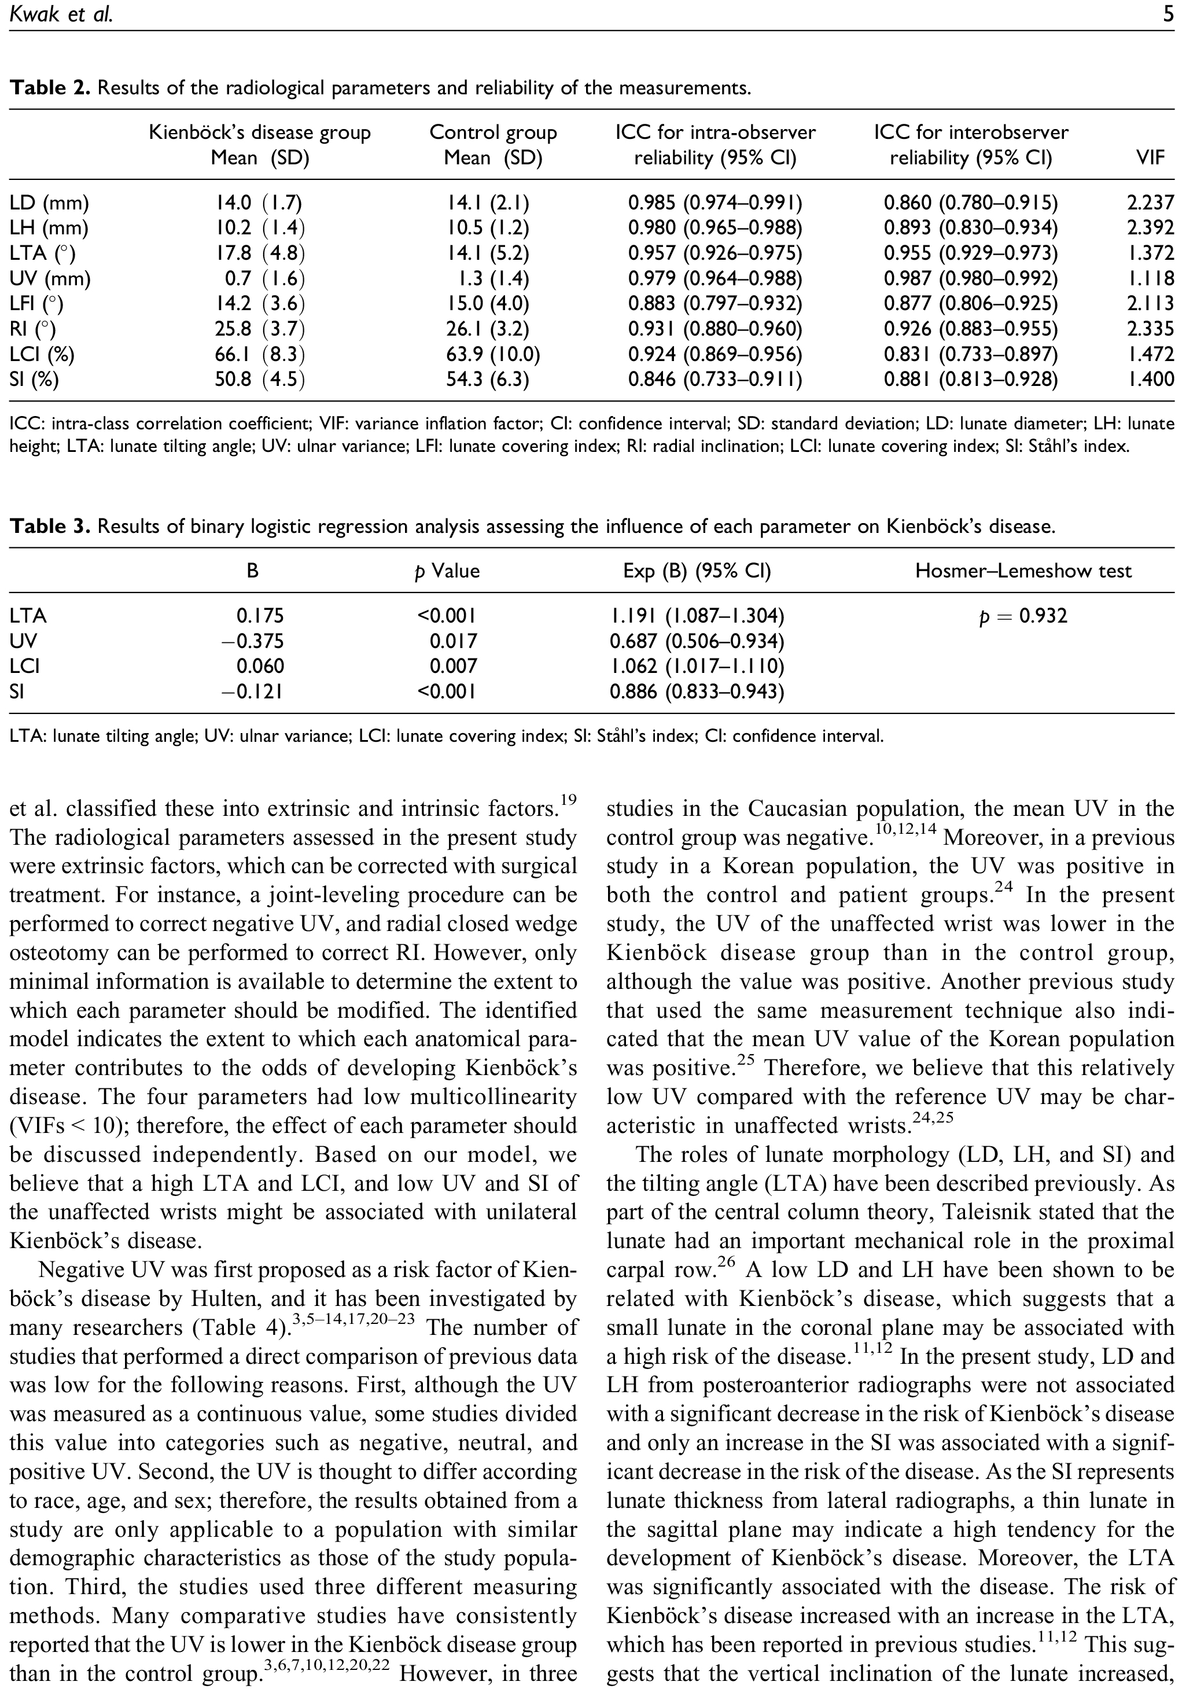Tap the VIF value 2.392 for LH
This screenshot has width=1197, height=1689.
pos(1150,229)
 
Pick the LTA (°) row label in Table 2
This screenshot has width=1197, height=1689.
pos(43,253)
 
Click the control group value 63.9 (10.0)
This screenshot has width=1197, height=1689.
pos(493,355)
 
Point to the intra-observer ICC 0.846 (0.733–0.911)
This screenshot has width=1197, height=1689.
pos(715,380)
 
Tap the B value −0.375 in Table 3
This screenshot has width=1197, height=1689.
pos(253,641)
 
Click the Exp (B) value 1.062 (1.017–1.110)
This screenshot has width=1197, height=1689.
pos(697,667)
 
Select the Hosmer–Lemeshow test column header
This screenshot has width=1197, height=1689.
pos(1023,571)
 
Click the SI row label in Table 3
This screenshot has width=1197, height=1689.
pos(19,691)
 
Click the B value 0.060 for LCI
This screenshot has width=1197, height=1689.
pos(259,667)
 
